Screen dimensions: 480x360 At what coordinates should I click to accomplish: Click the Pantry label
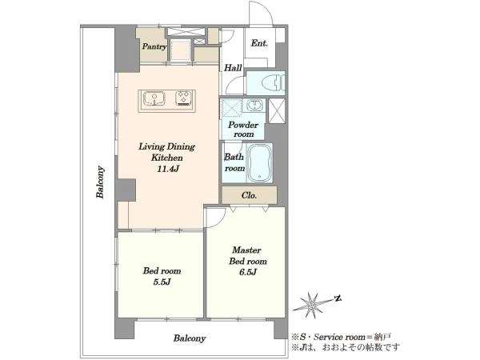click(154, 47)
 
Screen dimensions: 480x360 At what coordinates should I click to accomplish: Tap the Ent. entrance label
click(259, 43)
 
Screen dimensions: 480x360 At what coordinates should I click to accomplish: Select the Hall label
click(233, 68)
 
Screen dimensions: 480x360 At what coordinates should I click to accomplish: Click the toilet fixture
click(274, 82)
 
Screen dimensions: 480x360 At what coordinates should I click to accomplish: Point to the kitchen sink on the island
click(154, 98)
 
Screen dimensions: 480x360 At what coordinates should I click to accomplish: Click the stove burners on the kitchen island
click(184, 98)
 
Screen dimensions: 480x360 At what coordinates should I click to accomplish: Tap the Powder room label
click(243, 130)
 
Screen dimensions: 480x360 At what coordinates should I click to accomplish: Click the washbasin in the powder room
click(254, 106)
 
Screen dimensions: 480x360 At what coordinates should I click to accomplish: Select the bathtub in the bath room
click(259, 162)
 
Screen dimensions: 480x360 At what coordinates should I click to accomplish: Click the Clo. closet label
click(249, 195)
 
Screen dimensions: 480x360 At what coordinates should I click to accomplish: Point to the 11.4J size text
click(167, 169)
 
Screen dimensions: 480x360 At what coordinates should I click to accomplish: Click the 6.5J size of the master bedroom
click(248, 272)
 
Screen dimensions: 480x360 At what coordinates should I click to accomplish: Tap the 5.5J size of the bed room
click(162, 282)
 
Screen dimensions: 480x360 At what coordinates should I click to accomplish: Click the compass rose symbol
click(312, 305)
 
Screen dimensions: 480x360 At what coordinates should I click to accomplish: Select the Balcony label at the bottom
click(190, 338)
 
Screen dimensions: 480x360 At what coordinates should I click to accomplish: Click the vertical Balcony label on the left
click(100, 182)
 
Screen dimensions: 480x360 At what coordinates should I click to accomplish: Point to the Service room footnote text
click(342, 337)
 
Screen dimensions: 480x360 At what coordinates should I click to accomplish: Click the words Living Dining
click(167, 146)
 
